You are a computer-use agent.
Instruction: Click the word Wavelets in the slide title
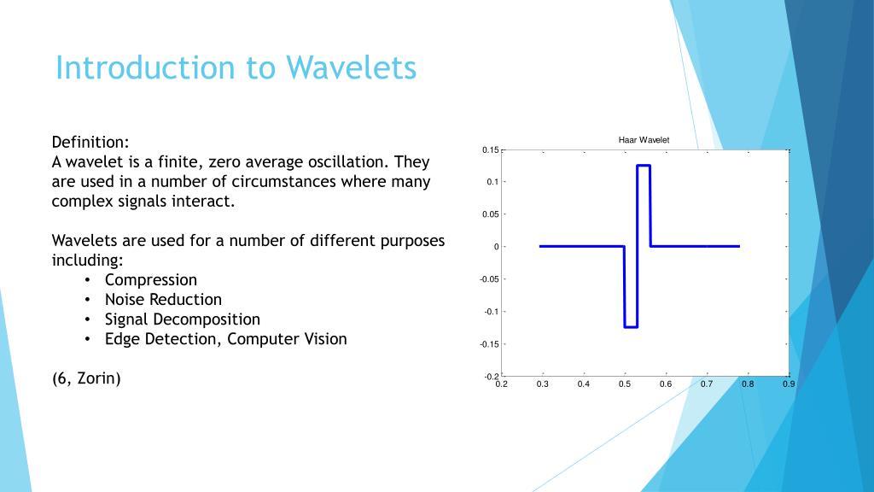[x=351, y=67]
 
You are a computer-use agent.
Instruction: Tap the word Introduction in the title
[x=145, y=67]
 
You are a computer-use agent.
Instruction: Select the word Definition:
[x=90, y=143]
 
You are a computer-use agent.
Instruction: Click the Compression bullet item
[x=151, y=280]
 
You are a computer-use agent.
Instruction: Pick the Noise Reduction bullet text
[x=163, y=300]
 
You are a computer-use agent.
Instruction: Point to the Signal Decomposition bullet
[x=183, y=319]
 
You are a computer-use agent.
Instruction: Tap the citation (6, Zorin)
[x=86, y=378]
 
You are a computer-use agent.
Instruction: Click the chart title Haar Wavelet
[x=644, y=140]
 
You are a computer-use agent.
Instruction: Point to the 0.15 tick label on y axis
[x=491, y=150]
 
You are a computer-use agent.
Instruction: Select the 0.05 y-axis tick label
[x=491, y=214]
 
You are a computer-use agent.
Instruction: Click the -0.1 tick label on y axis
[x=491, y=312]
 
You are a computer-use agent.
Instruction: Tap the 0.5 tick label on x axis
[x=625, y=384]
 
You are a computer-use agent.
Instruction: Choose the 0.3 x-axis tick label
[x=542, y=384]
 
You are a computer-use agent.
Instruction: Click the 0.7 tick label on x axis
[x=707, y=384]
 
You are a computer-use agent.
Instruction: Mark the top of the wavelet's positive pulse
[x=644, y=165]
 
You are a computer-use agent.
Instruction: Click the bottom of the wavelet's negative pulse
[x=631, y=327]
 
